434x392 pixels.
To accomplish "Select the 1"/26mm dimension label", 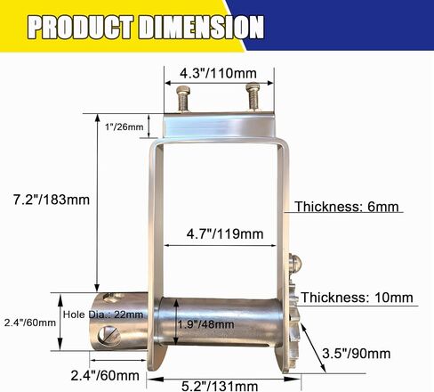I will tap(124, 127).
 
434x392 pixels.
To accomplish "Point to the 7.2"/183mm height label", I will tap(45, 200).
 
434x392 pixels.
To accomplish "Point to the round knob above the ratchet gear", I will tap(296, 265).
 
